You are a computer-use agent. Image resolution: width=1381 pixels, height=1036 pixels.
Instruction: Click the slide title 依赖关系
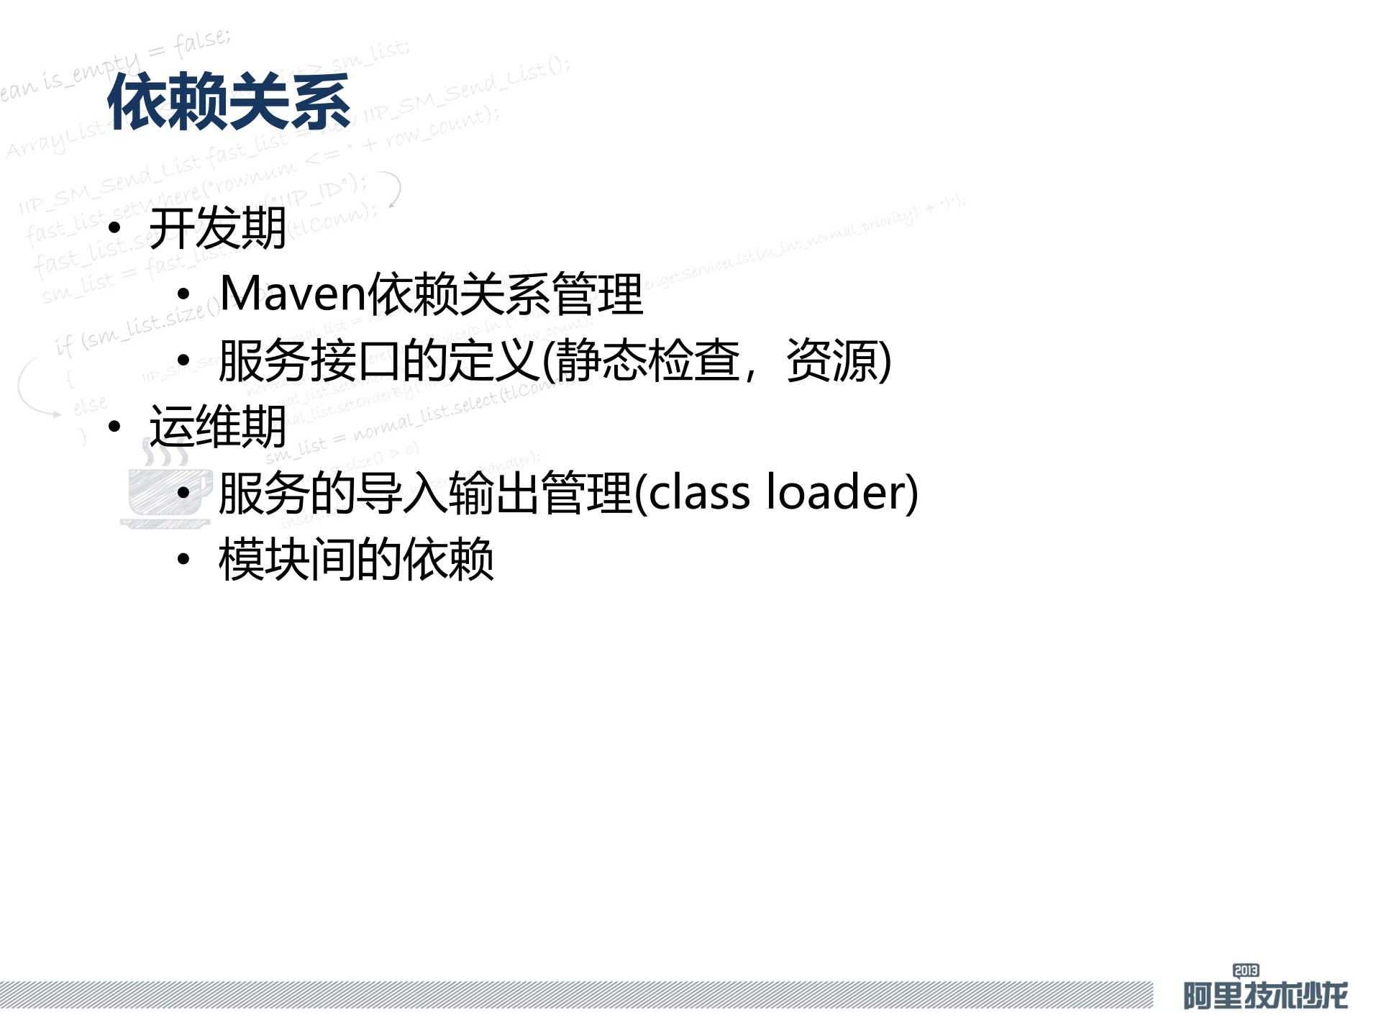click(229, 101)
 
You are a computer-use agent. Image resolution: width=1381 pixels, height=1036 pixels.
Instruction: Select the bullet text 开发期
click(217, 229)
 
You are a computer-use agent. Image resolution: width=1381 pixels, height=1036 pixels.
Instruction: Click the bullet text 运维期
click(217, 427)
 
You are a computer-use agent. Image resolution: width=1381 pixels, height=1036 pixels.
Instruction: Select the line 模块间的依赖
click(356, 559)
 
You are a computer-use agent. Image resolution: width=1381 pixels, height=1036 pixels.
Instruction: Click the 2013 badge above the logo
click(1246, 971)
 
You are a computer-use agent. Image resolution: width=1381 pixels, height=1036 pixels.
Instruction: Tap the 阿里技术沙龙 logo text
click(1265, 996)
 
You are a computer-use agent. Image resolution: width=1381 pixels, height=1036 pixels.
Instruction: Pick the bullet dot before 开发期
click(114, 229)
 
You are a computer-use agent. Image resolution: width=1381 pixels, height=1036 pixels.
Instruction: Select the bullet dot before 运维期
click(114, 427)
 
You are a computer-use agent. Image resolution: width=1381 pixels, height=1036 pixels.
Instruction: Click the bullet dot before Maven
click(184, 294)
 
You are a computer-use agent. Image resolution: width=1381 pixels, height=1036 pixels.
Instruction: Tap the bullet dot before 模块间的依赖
click(184, 559)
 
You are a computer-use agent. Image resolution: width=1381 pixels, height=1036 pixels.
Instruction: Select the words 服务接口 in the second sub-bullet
click(309, 360)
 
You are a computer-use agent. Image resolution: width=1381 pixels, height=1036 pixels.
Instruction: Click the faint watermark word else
click(90, 405)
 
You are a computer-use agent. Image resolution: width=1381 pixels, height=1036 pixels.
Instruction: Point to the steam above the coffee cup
click(164, 453)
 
